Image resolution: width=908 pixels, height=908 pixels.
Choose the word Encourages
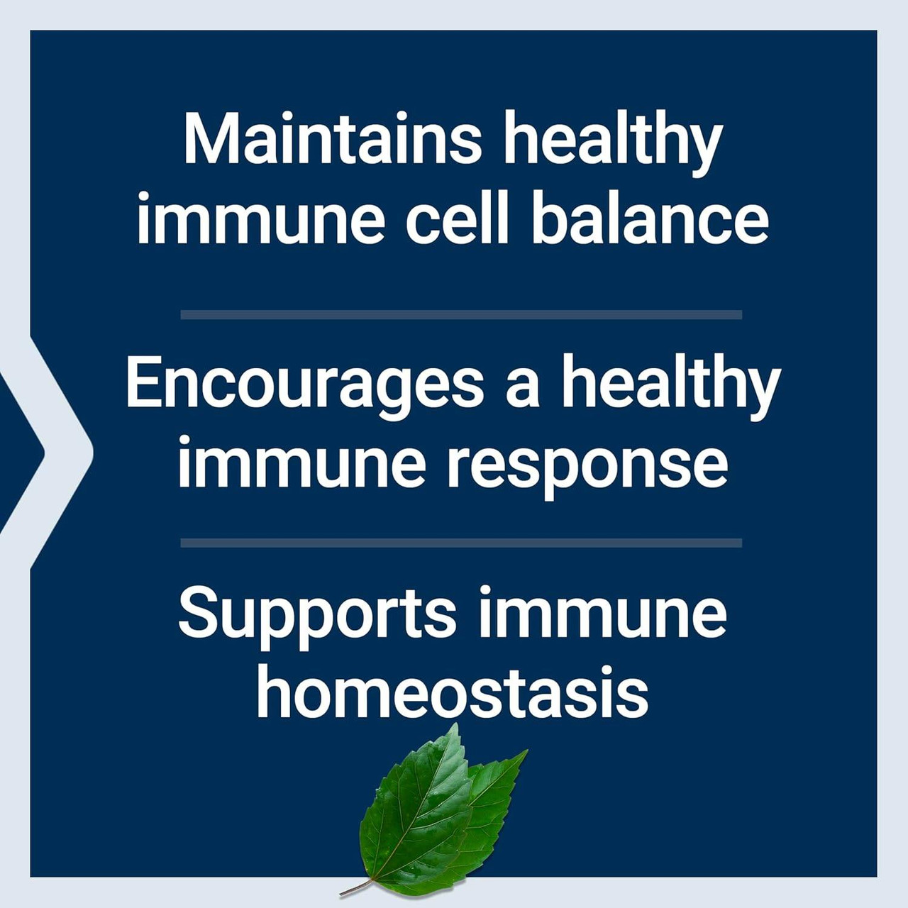[304, 385]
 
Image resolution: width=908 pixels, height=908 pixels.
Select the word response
[587, 468]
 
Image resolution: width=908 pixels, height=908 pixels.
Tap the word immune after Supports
[602, 614]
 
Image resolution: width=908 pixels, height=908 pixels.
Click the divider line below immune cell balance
[461, 314]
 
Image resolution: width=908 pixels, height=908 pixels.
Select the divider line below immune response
[461, 543]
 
